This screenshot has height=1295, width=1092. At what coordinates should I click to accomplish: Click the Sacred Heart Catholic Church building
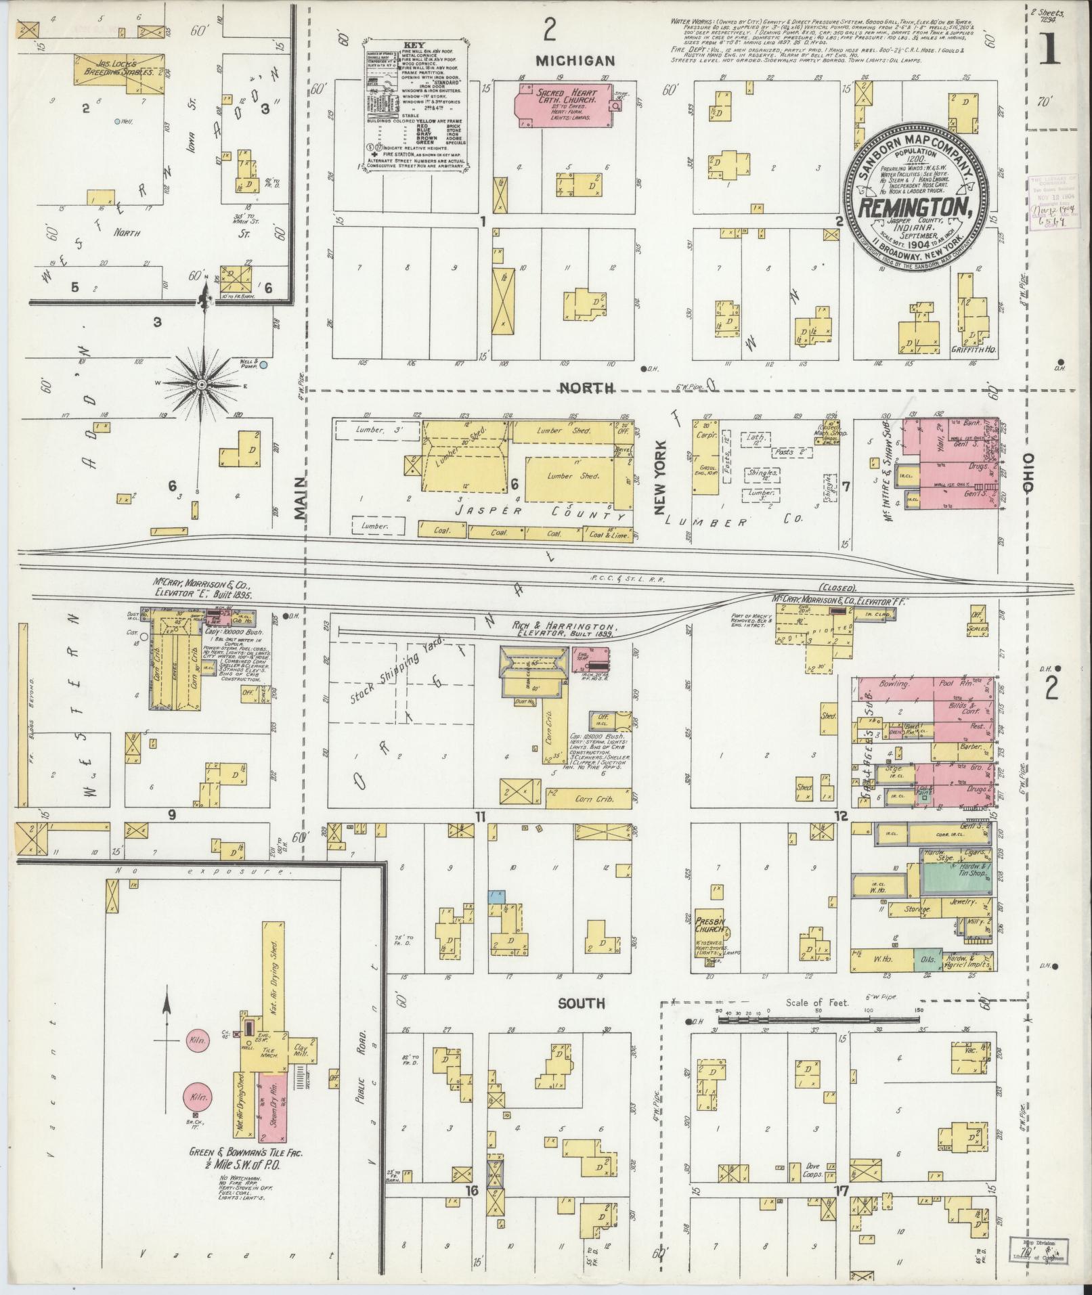click(x=555, y=105)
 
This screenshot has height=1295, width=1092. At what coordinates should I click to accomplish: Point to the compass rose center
click(x=201, y=384)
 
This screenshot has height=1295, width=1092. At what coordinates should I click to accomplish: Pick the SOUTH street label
click(x=580, y=1003)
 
